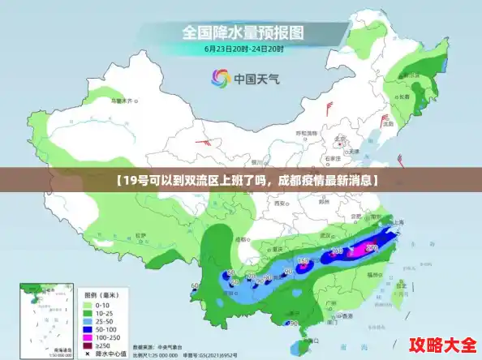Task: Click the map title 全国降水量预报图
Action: pyautogui.click(x=243, y=33)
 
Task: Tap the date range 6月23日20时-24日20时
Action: pyautogui.click(x=243, y=49)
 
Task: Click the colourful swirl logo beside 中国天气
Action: pyautogui.click(x=220, y=78)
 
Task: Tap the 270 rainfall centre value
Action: pyautogui.click(x=371, y=246)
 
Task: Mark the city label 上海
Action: pyautogui.click(x=398, y=221)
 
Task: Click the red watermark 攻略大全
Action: pyautogui.click(x=442, y=344)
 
